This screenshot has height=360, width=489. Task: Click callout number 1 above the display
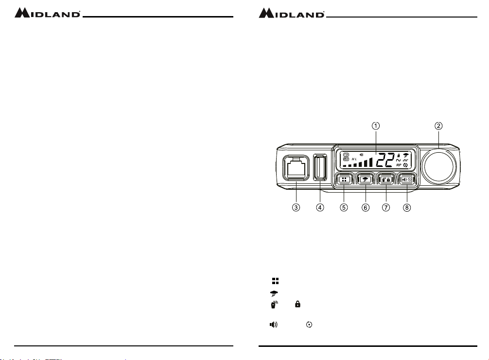tap(376, 126)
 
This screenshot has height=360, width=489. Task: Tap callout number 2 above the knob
tap(438, 126)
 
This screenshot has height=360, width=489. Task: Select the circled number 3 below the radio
tap(296, 207)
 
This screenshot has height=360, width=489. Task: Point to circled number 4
tap(320, 207)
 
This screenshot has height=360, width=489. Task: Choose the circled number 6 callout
tap(366, 207)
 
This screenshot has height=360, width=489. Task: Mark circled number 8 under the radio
tap(407, 207)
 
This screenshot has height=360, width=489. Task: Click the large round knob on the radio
tap(439, 166)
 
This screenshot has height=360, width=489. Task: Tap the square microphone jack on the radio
tap(296, 168)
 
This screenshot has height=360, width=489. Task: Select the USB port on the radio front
tap(320, 167)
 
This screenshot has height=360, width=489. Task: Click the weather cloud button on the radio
tap(365, 180)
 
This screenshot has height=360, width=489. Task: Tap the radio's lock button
tap(386, 180)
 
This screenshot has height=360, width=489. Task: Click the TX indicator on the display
tap(346, 155)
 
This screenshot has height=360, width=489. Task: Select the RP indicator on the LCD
tap(399, 165)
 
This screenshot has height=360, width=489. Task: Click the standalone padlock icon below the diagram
tap(298, 304)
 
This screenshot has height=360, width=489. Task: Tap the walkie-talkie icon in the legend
tap(274, 305)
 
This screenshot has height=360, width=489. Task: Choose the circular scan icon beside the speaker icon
tap(309, 324)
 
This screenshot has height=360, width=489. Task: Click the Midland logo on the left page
tap(48, 13)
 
